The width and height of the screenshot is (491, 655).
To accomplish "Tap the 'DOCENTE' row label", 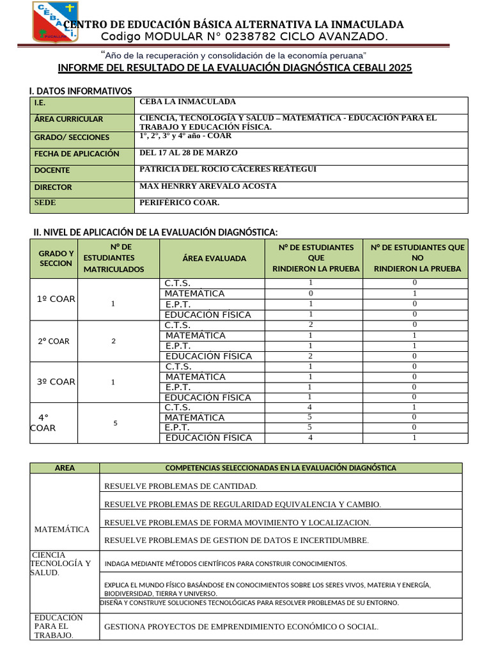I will [x=52, y=170].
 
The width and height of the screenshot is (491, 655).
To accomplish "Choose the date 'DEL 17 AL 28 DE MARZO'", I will [x=188, y=153].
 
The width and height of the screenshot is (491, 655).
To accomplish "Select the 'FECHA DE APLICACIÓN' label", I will [x=77, y=154].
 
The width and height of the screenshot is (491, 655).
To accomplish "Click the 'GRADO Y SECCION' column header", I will [x=56, y=258].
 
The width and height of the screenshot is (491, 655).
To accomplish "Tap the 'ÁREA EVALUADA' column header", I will [x=214, y=258].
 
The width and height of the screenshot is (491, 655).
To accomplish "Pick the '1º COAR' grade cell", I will [x=56, y=299].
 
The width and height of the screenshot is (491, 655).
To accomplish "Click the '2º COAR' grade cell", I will [x=54, y=341].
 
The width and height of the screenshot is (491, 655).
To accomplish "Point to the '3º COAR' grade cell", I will [x=56, y=382].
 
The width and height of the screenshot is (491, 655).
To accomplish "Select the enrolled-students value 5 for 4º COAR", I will [x=115, y=423].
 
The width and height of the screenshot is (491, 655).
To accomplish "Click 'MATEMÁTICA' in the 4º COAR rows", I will [x=194, y=418].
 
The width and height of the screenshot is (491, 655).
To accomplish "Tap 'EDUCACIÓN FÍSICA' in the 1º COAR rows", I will [x=208, y=315].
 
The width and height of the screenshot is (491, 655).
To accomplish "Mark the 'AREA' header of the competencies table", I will [x=65, y=468].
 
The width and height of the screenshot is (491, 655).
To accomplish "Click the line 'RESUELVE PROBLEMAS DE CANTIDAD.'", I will [x=180, y=486].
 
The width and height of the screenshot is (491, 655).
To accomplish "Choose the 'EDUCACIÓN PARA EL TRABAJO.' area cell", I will [x=59, y=626].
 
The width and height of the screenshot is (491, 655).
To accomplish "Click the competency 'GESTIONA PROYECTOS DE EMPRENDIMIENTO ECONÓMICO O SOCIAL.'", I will [x=241, y=627].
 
